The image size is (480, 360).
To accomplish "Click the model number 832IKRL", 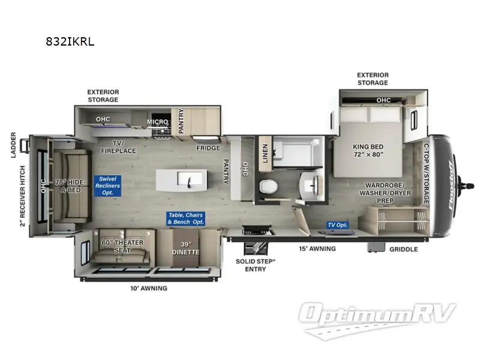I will tap(71, 41).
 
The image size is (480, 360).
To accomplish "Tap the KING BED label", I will tap(367, 150).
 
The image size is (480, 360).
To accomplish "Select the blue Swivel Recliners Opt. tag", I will tap(110, 186).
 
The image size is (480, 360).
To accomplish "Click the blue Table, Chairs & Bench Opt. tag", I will tap(186, 218).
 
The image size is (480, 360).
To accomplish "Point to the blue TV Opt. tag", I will tap(337, 225).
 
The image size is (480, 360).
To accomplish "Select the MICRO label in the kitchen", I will tap(158, 122).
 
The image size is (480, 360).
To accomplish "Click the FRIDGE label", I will tap(208, 148).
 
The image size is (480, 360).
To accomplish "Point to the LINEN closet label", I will tap(265, 151).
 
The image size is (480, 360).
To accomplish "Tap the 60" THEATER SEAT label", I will tap(122, 246).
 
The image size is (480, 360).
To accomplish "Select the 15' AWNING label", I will tap(318, 249).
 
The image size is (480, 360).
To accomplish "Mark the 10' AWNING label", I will tap(149, 289).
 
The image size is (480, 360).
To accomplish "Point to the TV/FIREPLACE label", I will tap(125, 147).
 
